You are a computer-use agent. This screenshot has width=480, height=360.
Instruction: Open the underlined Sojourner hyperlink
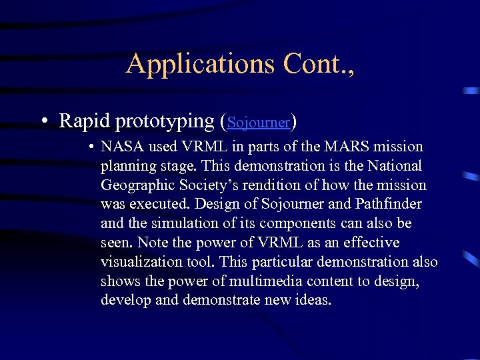click(259, 123)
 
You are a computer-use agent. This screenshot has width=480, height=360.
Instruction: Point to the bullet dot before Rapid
click(43, 122)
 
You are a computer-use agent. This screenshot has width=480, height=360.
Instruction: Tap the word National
click(396, 165)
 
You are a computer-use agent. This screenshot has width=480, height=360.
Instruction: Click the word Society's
click(205, 185)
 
